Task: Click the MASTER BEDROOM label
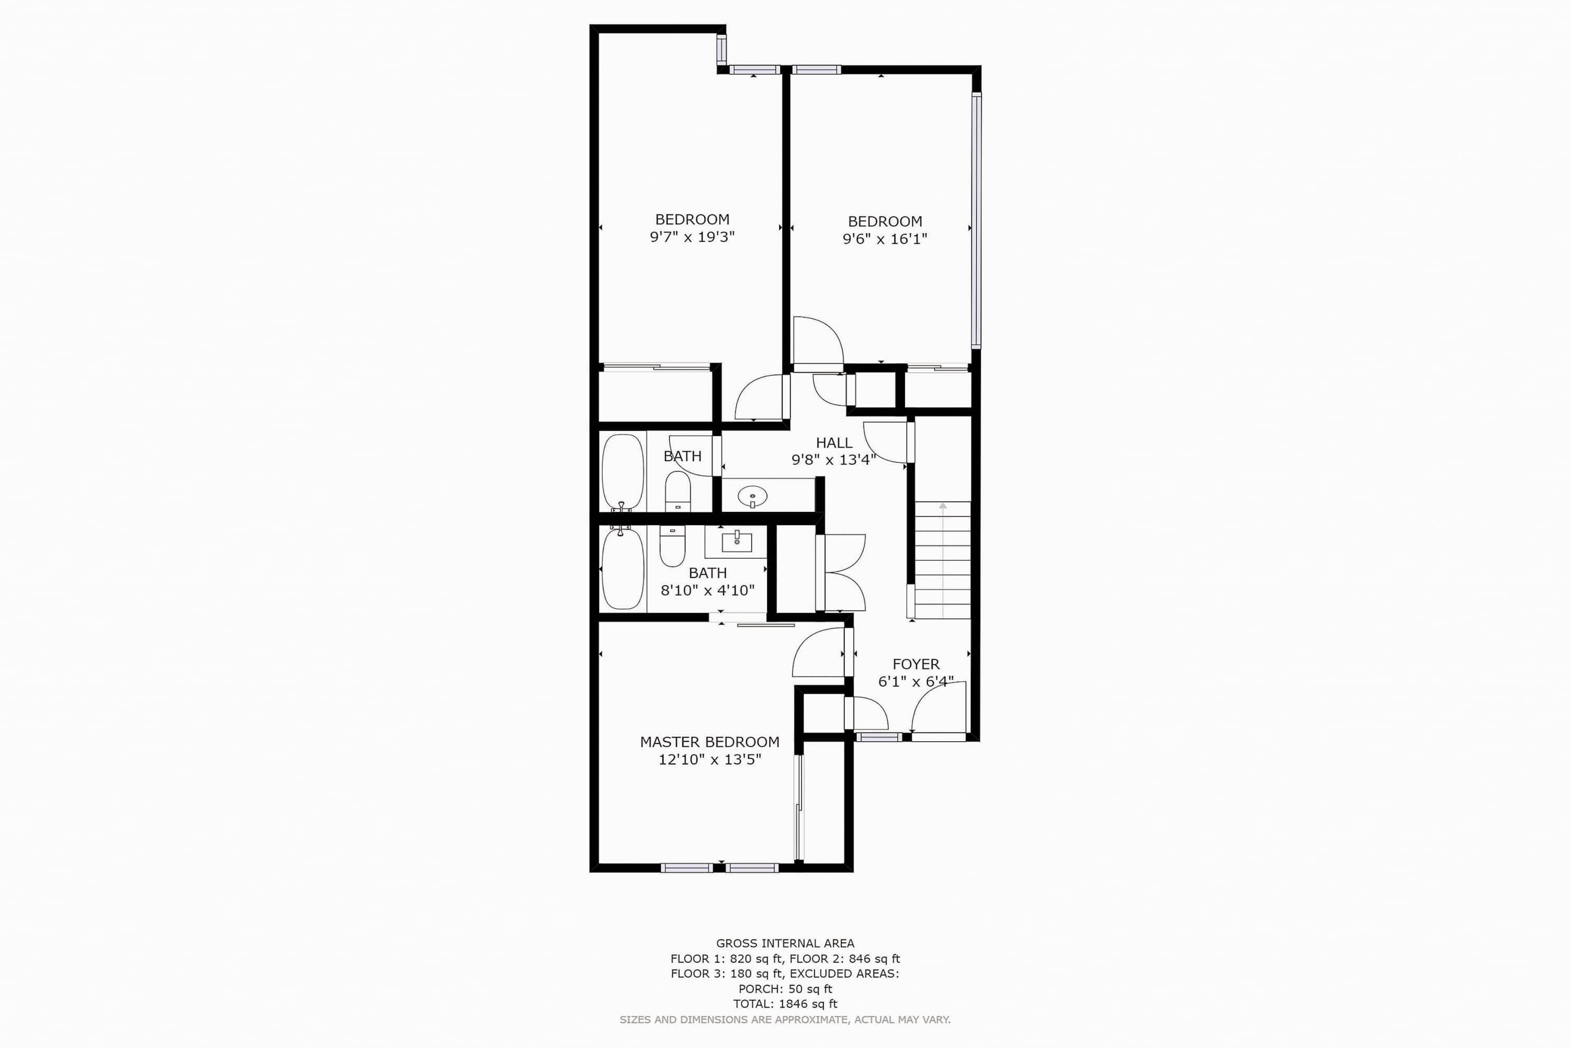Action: tap(710, 742)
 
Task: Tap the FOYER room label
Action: tap(916, 664)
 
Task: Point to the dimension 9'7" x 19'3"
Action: tap(692, 237)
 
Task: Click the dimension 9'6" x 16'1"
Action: tap(884, 238)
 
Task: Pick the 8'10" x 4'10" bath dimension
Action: tap(707, 590)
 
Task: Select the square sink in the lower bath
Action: tap(737, 541)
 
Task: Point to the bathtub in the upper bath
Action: tap(623, 473)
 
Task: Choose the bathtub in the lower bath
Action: tap(623, 567)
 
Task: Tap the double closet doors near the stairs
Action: tap(841, 573)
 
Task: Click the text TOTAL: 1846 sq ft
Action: tap(785, 1003)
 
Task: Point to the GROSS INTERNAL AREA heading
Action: tap(785, 943)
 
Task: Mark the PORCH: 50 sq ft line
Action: tap(785, 988)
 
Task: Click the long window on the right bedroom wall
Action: tap(976, 221)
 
